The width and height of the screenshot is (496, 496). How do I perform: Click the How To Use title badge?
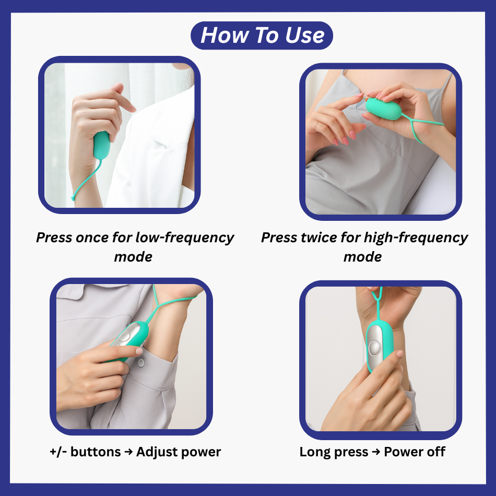pyautogui.click(x=262, y=36)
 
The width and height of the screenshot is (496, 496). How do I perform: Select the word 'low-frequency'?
pyautogui.click(x=185, y=238)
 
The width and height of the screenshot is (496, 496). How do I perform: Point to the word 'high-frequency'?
pyautogui.click(x=416, y=238)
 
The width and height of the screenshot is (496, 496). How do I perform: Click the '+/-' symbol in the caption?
pyautogui.click(x=57, y=452)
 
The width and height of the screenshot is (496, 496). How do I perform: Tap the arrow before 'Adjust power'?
pyautogui.click(x=128, y=452)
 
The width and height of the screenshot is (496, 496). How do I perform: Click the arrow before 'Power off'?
pyautogui.click(x=376, y=452)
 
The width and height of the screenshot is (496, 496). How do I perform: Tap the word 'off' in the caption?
pyautogui.click(x=436, y=452)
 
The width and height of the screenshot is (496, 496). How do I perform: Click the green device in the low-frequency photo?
pyautogui.click(x=102, y=146)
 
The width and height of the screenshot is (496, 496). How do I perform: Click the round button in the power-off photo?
pyautogui.click(x=375, y=348)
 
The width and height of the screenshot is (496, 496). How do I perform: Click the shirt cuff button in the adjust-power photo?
pyautogui.click(x=141, y=362)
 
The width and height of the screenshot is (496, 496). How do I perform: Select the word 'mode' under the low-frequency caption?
pyautogui.click(x=133, y=257)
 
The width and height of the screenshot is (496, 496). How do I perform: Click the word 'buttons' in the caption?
pyautogui.click(x=96, y=452)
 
